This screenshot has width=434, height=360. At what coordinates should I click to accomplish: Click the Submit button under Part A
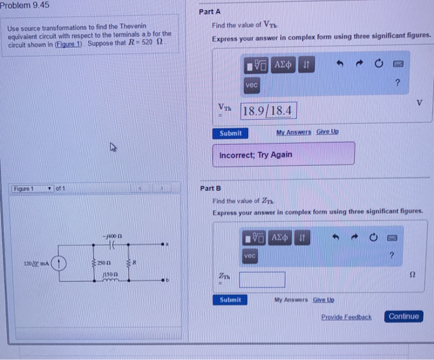pos(231,133)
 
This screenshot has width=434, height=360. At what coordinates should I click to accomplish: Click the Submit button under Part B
pos(231,300)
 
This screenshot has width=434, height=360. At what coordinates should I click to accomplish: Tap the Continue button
pos(404,317)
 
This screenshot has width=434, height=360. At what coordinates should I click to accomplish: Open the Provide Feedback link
pos(346,317)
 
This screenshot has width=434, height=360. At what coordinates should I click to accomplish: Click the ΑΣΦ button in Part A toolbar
pos(283,64)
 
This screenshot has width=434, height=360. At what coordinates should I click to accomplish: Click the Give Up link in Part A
pos(327,132)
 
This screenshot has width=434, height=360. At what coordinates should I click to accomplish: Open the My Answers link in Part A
pos(293,132)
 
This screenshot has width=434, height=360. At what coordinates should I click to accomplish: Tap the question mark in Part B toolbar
pos(391,255)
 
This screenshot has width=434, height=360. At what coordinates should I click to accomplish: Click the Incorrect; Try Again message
pos(284,154)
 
